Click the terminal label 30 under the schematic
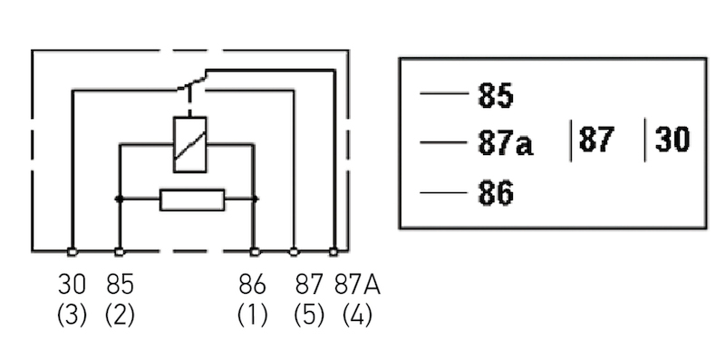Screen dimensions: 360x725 tap(72, 285)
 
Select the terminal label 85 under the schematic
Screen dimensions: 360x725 tap(120, 285)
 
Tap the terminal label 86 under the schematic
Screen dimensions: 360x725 tap(253, 285)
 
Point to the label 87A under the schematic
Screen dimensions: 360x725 tap(357, 285)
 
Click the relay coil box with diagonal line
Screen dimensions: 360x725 tap(189, 144)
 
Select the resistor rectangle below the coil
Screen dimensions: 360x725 tap(191, 199)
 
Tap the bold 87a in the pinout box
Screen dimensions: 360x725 tap(505, 143)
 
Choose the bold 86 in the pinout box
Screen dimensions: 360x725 tap(495, 193)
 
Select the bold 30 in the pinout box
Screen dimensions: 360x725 tap(672, 141)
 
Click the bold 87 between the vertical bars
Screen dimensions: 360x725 tap(597, 141)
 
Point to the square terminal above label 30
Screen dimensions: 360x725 tap(72, 251)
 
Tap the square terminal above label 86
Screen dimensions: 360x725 tap(255, 251)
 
